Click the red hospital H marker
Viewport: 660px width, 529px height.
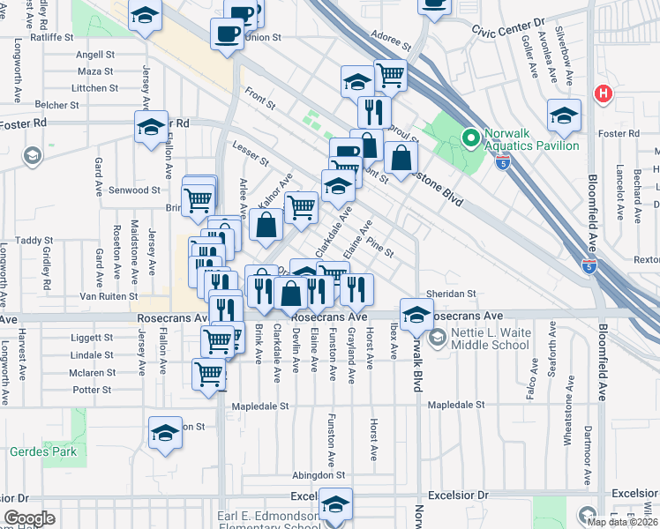coord(604,93)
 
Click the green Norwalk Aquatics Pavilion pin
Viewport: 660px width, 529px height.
coord(470,138)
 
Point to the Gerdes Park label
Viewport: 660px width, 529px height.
coord(43,452)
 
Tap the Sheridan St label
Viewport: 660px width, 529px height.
coord(453,294)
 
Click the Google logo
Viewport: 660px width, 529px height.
coord(29,518)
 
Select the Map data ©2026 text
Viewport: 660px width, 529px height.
coord(622,522)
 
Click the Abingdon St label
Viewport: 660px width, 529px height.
coord(321,473)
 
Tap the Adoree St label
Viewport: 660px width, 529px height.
coord(393,41)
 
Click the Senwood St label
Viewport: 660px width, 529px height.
coord(134,190)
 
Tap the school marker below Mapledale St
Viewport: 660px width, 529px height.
coord(165,433)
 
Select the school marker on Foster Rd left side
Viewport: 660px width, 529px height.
coord(151,127)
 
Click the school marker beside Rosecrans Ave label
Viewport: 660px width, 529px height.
coord(416,314)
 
